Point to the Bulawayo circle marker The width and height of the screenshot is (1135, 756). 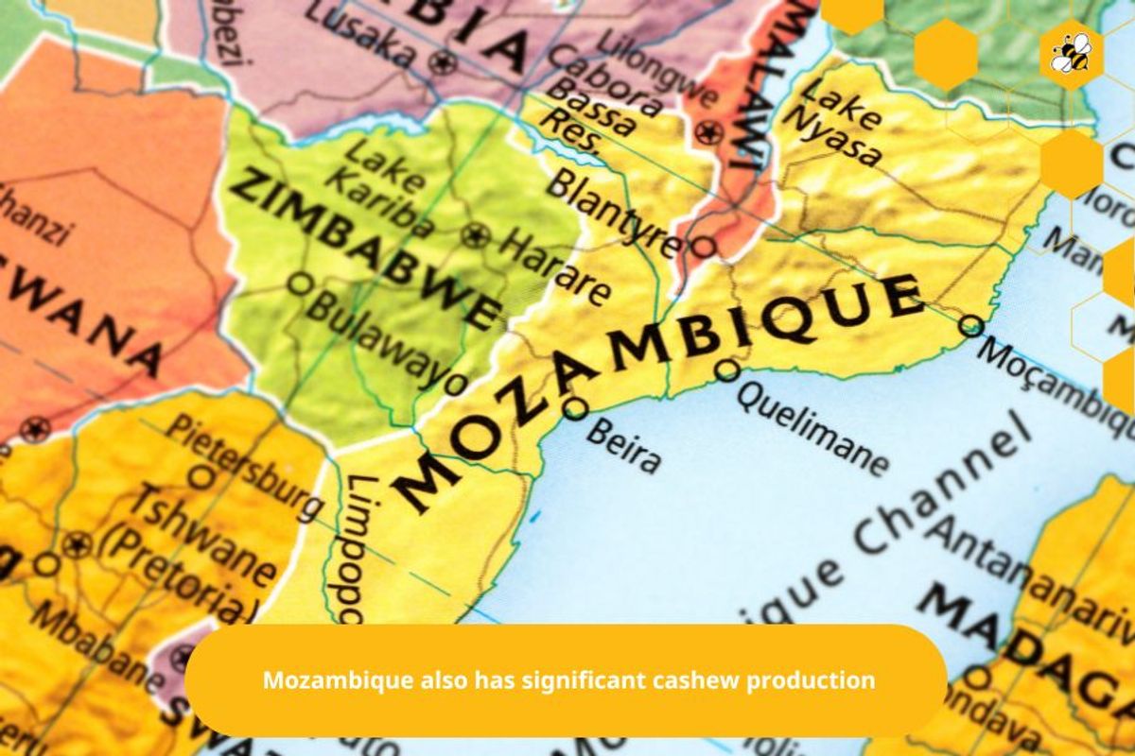tap(300, 283)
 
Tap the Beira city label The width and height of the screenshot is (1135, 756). tap(622, 444)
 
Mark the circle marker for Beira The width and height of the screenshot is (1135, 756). tap(575, 408)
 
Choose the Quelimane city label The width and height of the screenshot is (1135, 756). tap(812, 426)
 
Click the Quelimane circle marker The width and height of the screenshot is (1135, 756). tap(726, 369)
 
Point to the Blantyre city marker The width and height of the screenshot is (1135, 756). tap(703, 248)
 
